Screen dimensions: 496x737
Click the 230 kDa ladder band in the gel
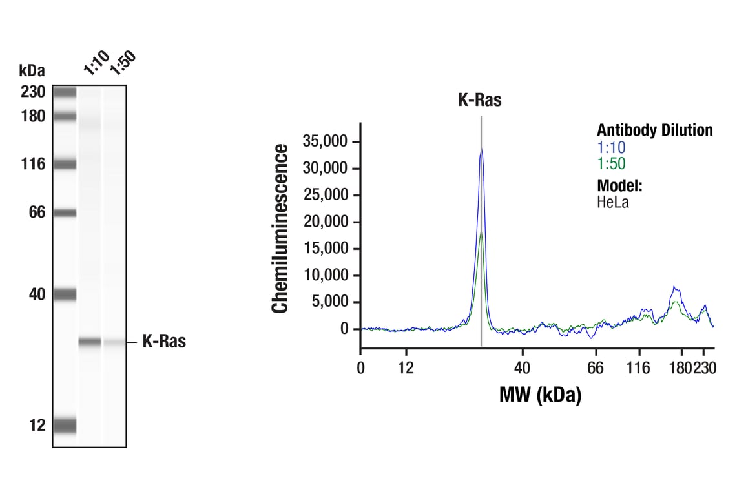point(65,92)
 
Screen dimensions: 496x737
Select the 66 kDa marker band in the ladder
point(65,212)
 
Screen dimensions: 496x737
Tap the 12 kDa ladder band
point(65,425)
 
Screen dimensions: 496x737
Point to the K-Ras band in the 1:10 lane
point(90,342)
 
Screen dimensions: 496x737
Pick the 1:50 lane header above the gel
point(122,62)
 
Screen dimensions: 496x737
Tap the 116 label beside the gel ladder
point(32,164)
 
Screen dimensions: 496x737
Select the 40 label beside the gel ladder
point(37,294)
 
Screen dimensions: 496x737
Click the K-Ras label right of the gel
point(164,342)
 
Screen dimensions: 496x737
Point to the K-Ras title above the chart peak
point(480,100)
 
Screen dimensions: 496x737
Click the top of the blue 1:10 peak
point(481,149)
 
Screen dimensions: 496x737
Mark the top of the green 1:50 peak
point(481,233)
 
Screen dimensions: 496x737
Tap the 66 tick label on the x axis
point(596,369)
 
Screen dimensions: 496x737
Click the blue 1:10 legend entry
point(611,147)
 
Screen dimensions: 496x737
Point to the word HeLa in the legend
point(612,202)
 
